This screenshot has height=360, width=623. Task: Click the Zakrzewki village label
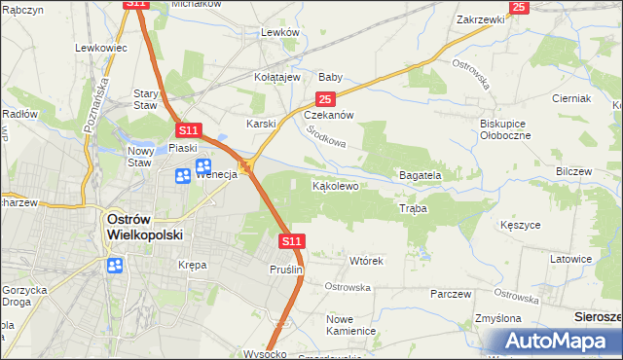pyautogui.click(x=481, y=18)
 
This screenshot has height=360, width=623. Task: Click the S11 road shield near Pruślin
pyautogui.click(x=291, y=240)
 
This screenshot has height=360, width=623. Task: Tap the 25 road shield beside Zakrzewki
pyautogui.click(x=518, y=7)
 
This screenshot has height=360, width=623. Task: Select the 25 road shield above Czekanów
pyautogui.click(x=325, y=98)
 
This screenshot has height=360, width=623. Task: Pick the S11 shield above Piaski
pyautogui.click(x=188, y=129)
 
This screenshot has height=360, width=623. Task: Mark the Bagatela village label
pyautogui.click(x=421, y=175)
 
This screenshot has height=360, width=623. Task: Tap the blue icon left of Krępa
pyautogui.click(x=115, y=265)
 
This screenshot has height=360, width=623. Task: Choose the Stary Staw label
pyautogui.click(x=145, y=99)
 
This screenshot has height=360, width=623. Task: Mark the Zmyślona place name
pyautogui.click(x=503, y=318)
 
